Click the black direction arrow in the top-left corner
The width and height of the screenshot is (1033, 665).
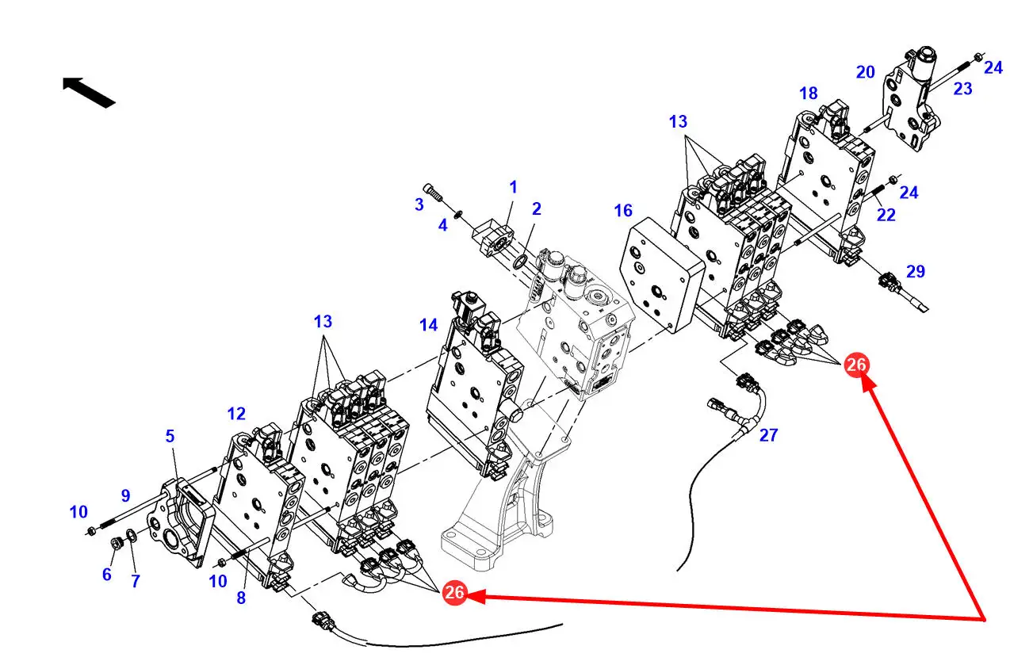click(x=89, y=91)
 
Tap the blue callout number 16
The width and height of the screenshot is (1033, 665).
click(x=623, y=210)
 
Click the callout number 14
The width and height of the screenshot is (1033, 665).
click(x=428, y=324)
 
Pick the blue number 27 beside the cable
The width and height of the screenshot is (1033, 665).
click(x=768, y=434)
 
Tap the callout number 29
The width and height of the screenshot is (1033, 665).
click(x=916, y=272)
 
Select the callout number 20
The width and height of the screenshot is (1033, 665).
click(x=865, y=72)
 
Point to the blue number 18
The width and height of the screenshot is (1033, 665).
click(x=808, y=94)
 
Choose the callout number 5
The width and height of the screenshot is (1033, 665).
click(x=170, y=436)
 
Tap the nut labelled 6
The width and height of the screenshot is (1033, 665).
click(x=114, y=544)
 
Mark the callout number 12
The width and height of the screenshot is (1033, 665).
click(x=235, y=414)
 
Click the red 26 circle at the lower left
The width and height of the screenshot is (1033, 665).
click(x=454, y=592)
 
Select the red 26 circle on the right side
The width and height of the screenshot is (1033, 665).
click(x=856, y=365)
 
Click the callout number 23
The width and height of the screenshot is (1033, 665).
click(x=962, y=90)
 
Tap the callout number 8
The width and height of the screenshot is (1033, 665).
click(x=241, y=598)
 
